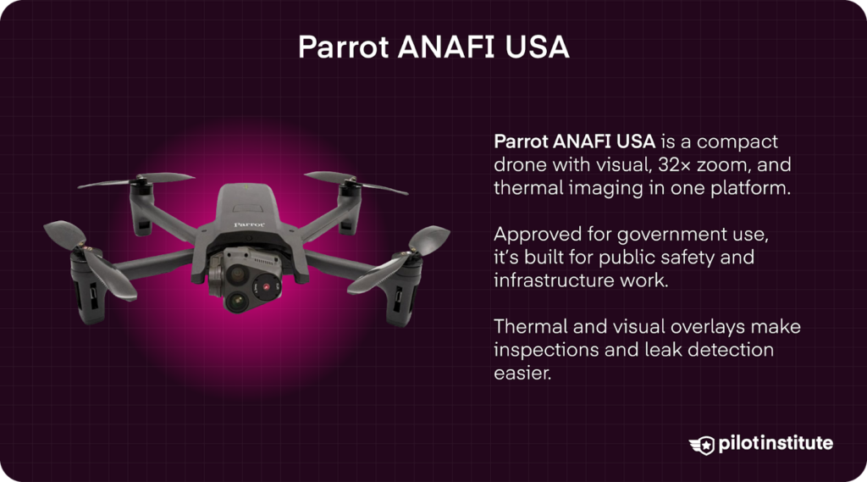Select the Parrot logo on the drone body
click(x=249, y=224)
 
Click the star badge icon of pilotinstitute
click(x=702, y=444)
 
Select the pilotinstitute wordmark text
click(x=774, y=443)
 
